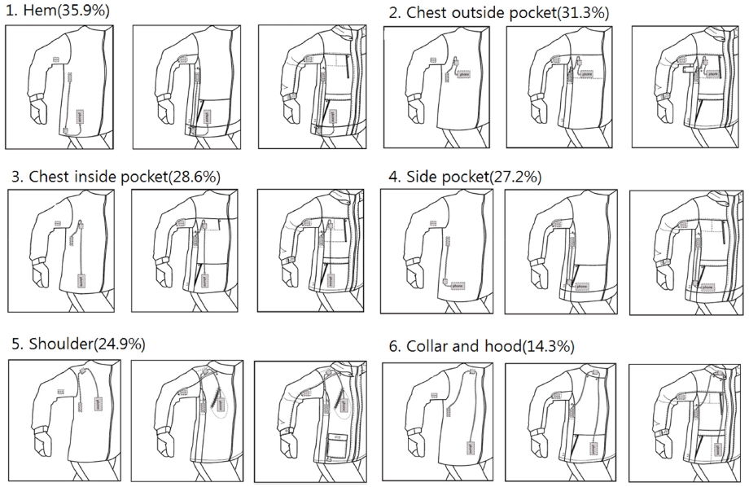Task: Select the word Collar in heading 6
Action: point(427,347)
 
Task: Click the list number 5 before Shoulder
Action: point(14,344)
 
